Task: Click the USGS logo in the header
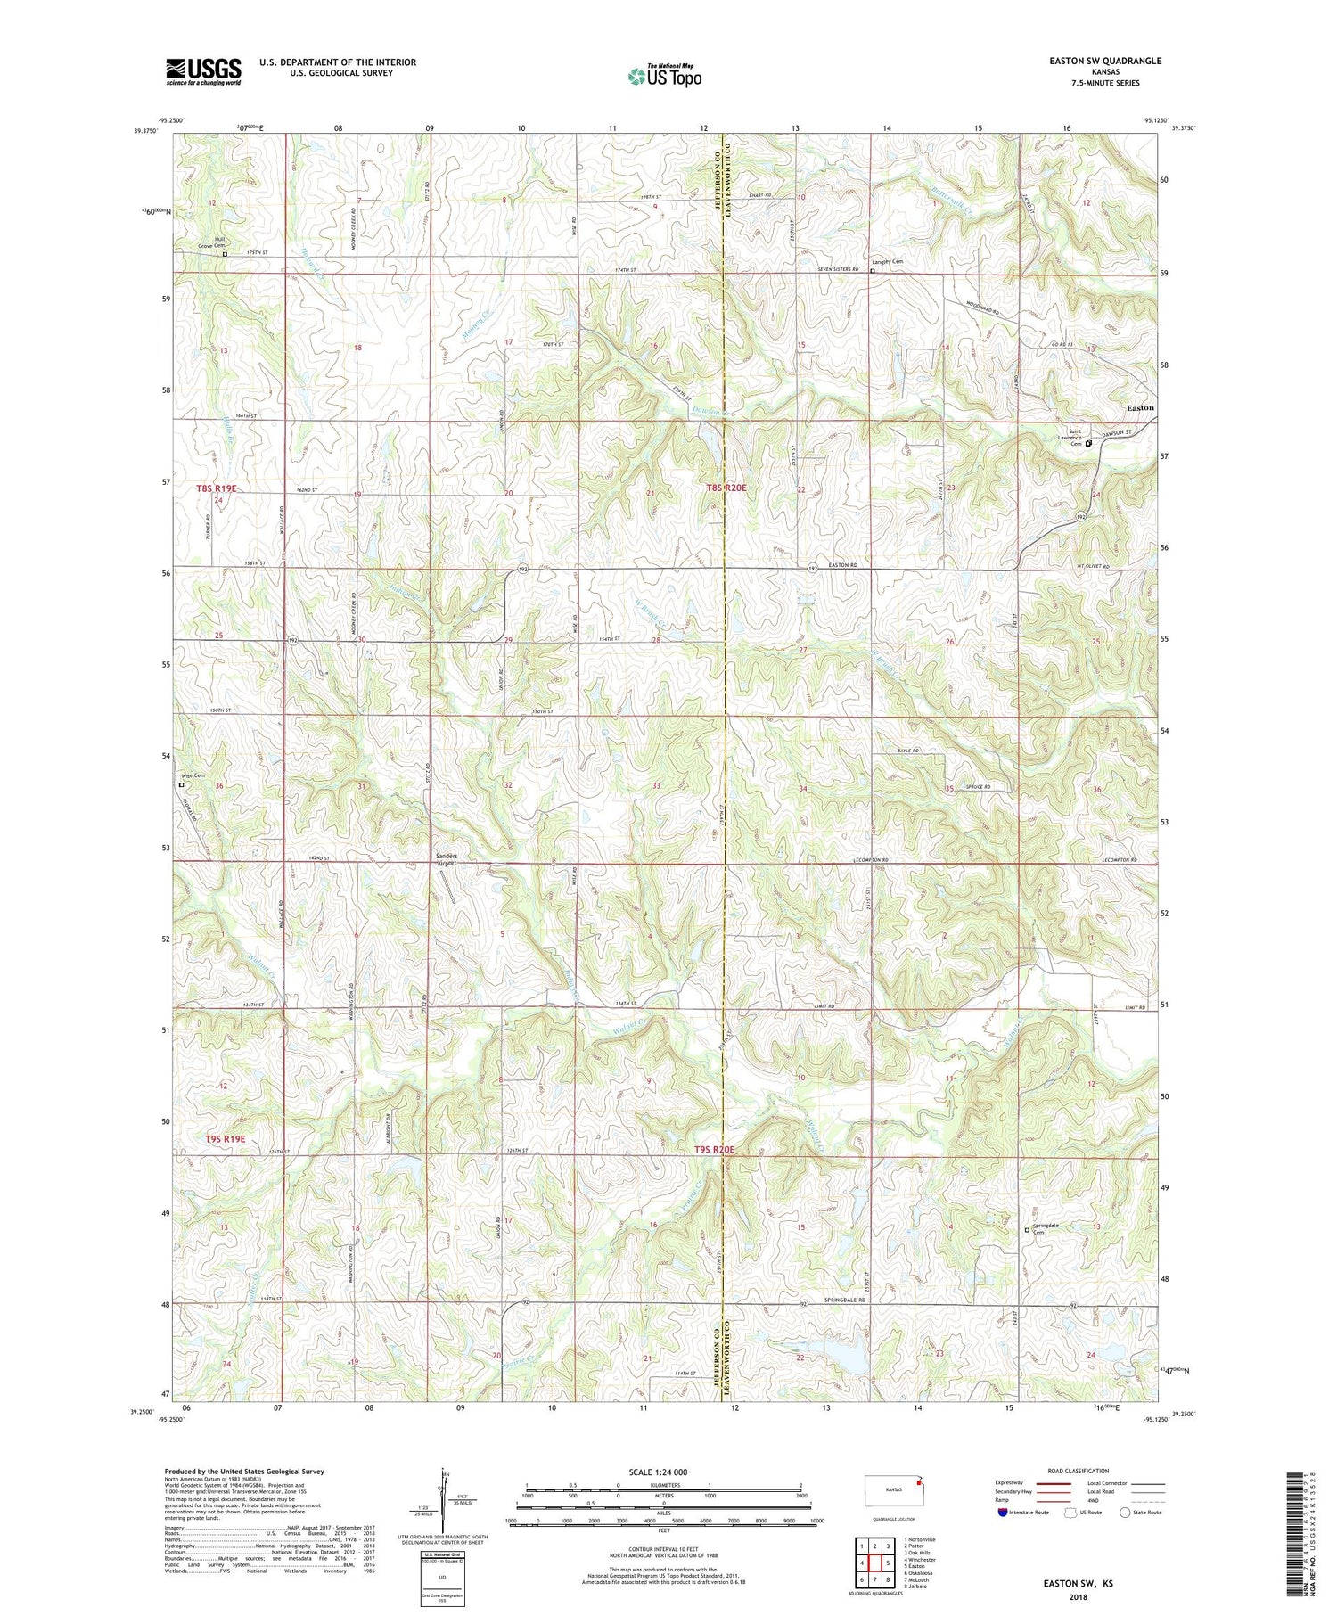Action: click(203, 71)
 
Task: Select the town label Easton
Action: click(1139, 407)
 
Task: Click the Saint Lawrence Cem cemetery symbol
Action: click(1088, 443)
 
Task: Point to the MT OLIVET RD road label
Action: click(1093, 567)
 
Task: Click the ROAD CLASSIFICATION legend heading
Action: click(1078, 1471)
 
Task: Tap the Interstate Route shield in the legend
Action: click(1003, 1513)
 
